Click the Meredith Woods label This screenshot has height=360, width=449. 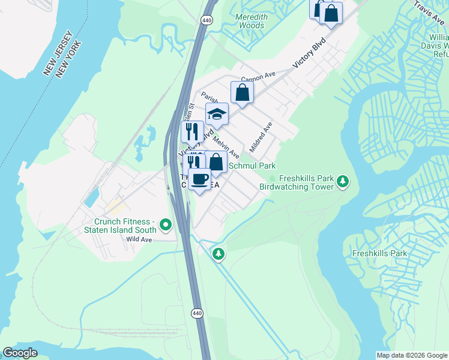pos(251,22)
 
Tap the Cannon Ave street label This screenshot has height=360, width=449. pos(258,77)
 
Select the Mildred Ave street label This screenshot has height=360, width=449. pos(262,136)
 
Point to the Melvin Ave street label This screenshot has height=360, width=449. pos(226,146)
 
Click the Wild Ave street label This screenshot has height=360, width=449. pos(139,239)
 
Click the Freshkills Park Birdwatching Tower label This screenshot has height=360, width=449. pos(296,182)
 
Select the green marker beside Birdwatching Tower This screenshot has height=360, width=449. pos(343,181)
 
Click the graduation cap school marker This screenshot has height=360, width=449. pos(217,113)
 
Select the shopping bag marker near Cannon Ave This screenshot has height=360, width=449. pos(242,92)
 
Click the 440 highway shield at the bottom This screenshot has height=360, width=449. pos(196,313)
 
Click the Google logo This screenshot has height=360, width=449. pos(20,353)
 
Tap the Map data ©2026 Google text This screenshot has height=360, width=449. pos(411,355)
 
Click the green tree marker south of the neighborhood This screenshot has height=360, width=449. pos(218,254)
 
